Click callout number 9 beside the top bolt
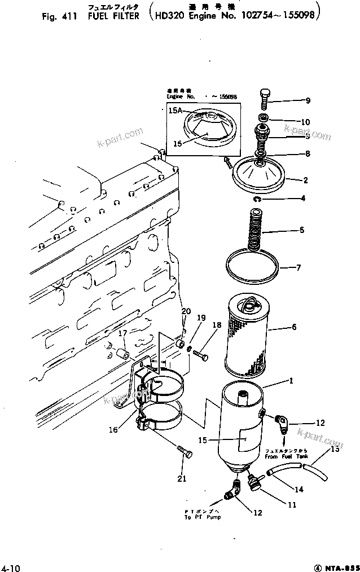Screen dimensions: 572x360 click(308, 102)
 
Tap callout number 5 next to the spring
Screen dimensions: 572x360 click(302, 230)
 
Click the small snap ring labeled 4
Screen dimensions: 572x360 click(257, 198)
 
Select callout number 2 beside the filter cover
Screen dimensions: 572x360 click(305, 181)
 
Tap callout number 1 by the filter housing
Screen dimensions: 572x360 click(291, 381)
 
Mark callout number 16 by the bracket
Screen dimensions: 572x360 click(113, 430)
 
